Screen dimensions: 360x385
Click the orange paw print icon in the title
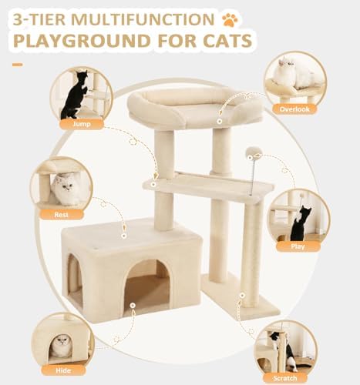point(230,20)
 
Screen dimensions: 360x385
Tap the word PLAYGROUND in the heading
point(82,41)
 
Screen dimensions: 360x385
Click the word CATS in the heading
point(227,41)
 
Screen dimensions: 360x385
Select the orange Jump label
point(82,124)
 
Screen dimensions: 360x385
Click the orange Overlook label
point(294,109)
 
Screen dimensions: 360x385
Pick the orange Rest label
point(62,214)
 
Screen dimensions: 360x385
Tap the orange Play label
point(298,246)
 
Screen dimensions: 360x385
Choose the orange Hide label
point(63,370)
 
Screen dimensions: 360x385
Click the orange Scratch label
point(285,378)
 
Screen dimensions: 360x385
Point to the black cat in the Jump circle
point(75,95)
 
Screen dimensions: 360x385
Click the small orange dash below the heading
point(17,65)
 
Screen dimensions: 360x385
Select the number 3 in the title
point(18,19)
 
